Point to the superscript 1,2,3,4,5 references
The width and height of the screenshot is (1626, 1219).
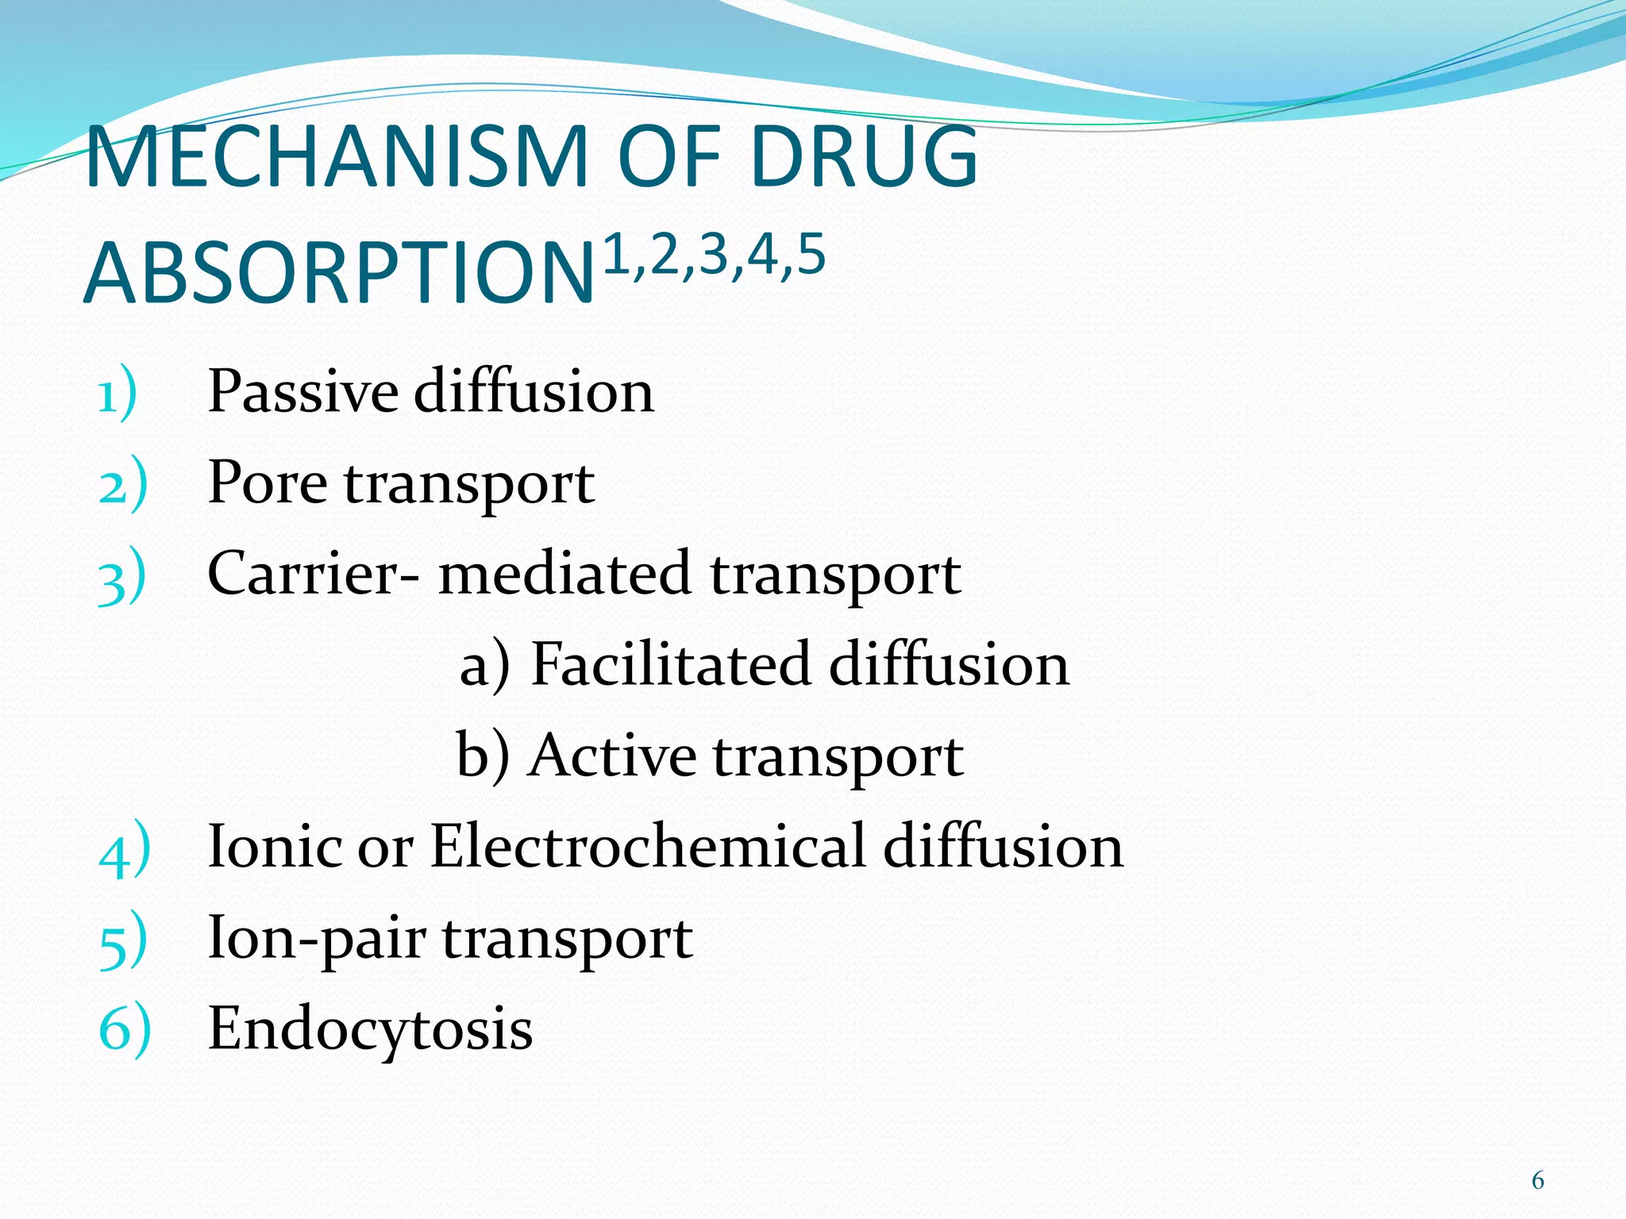tap(715, 256)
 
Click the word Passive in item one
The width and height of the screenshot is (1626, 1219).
tap(302, 391)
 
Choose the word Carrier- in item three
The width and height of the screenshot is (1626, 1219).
tap(314, 573)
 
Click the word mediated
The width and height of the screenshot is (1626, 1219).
tap(564, 573)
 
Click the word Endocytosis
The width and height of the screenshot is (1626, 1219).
tap(370, 1029)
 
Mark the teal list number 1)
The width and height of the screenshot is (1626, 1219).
tap(118, 394)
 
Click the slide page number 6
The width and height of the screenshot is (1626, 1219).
tap(1537, 1181)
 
